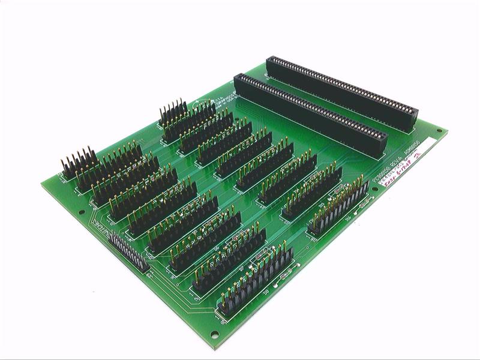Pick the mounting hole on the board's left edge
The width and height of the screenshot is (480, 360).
pyautogui.click(x=82, y=212)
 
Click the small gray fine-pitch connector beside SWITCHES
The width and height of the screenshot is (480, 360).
pyautogui.click(x=128, y=252)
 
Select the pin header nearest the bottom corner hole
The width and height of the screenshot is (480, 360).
pyautogui.click(x=255, y=281)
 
